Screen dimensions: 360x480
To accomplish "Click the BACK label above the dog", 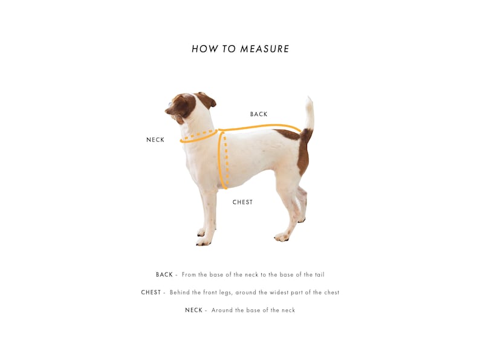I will coord(259,114).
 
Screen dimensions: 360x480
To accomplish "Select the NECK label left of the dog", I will coord(155,140).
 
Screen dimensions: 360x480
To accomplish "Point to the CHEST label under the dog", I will coord(242,202).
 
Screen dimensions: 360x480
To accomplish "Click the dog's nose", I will coord(167,111).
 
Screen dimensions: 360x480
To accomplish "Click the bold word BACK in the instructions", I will coord(164,275).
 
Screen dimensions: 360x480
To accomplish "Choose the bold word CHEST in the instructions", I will coord(151,292).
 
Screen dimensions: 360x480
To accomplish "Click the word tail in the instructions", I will coord(319,275).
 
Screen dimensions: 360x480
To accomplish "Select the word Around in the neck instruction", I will coord(222,310).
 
